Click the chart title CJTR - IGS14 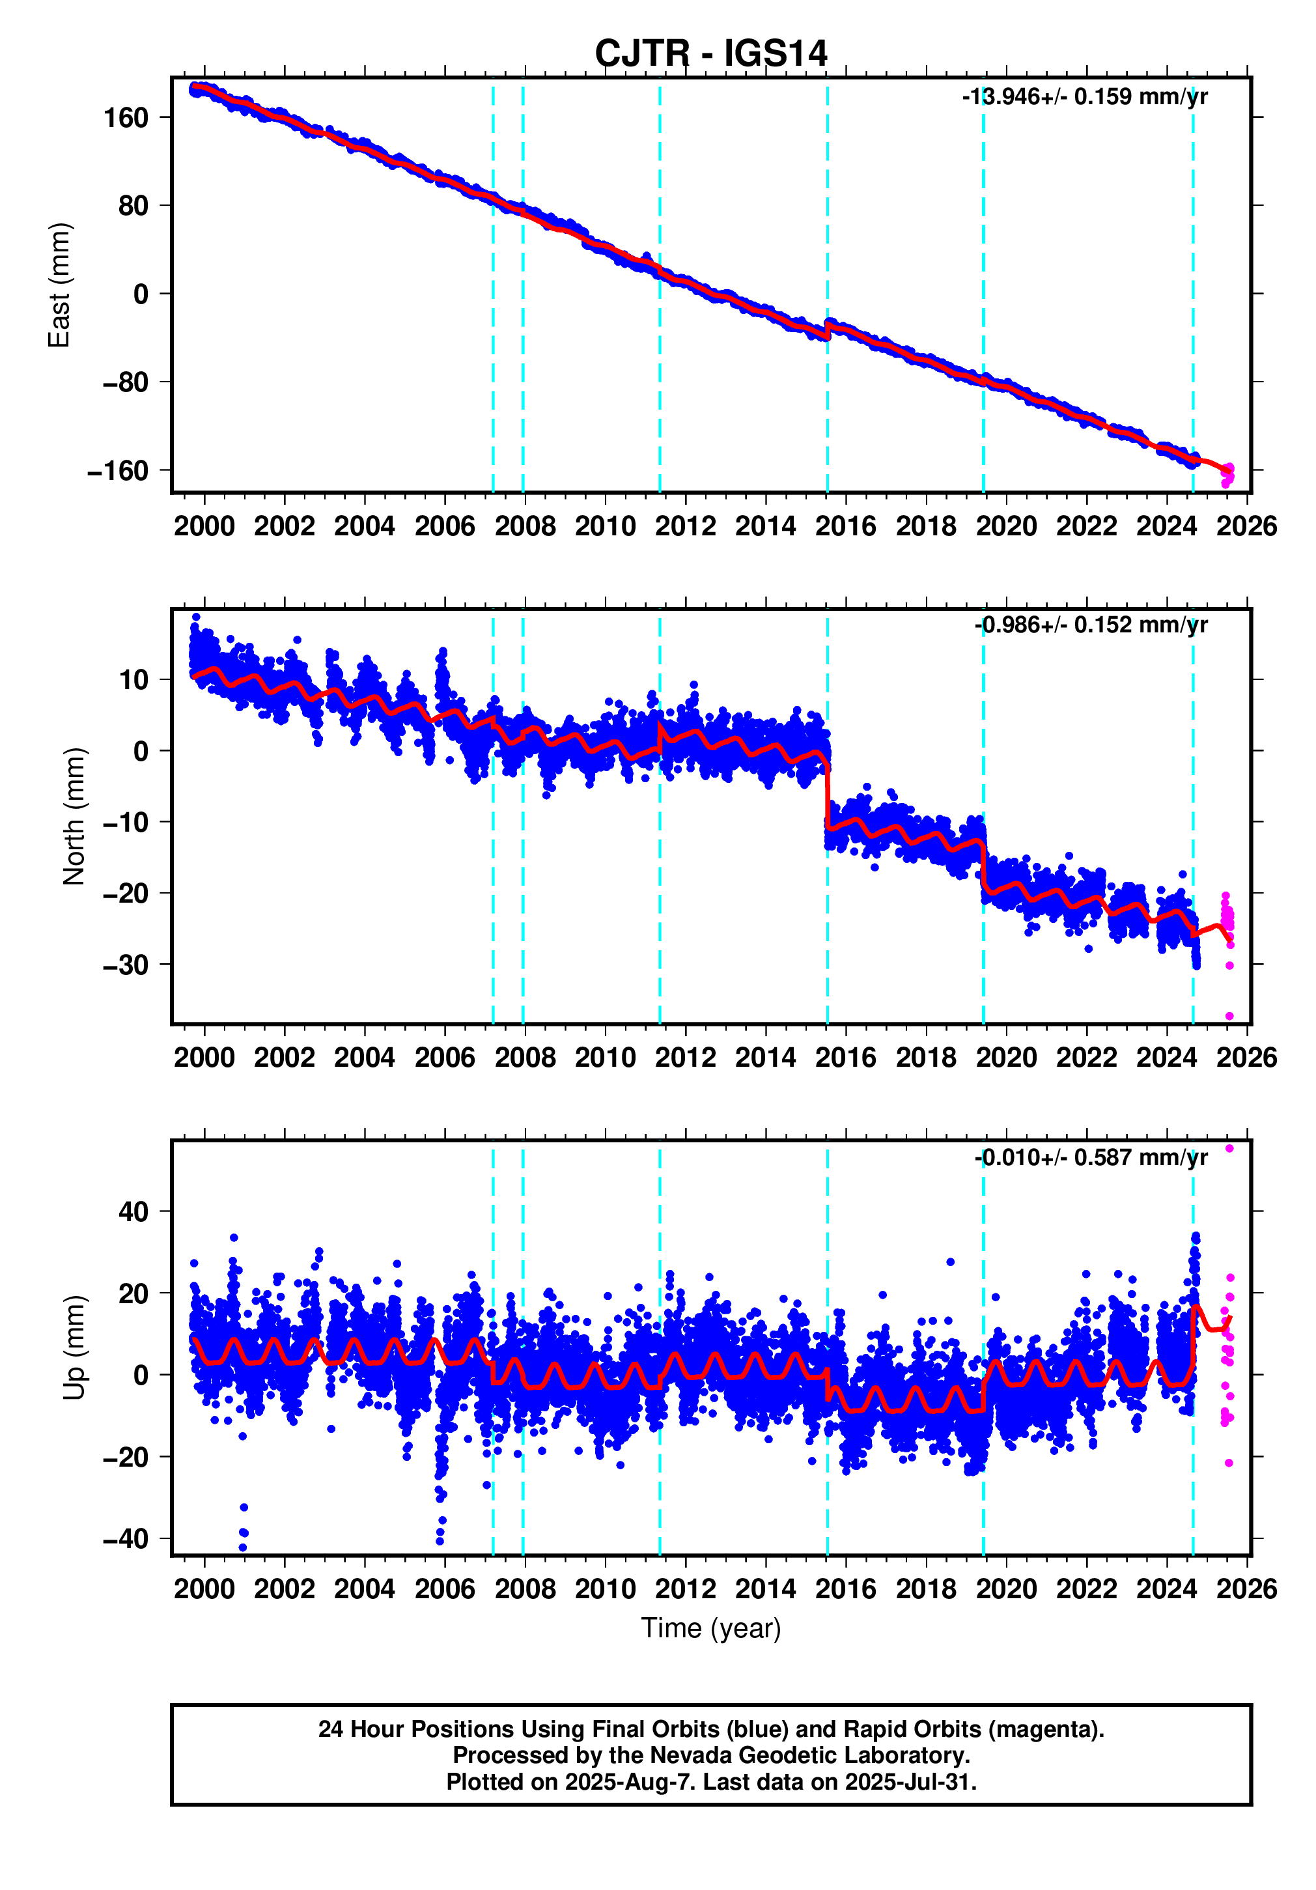pos(710,53)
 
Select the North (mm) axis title pos(74,816)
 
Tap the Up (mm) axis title pos(74,1347)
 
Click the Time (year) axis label pos(710,1628)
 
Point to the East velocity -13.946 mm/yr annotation pos(1084,97)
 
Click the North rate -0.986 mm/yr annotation pos(1091,625)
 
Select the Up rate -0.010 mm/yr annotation pos(1091,1157)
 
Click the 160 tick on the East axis pos(125,118)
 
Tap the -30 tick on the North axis pos(125,964)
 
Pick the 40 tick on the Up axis pos(133,1212)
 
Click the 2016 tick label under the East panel pos(845,526)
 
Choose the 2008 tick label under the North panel pos(524,1057)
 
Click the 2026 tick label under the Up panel pos(1246,1588)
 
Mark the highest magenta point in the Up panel pos(1229,1148)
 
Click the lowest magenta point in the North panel pos(1229,1016)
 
